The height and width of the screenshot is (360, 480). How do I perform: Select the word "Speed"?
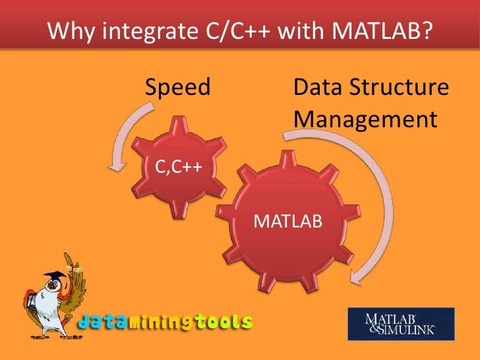[177, 87]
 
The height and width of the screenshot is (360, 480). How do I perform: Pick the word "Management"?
[365, 119]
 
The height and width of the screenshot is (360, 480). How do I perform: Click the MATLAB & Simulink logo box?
[401, 324]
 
